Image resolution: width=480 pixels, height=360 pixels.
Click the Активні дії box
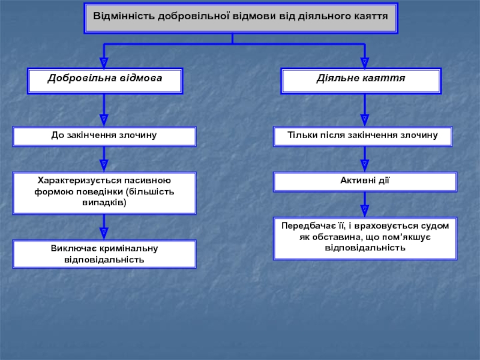(365, 181)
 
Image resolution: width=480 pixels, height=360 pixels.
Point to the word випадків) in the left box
(104, 203)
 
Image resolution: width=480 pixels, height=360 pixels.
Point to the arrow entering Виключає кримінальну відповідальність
(104, 229)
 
